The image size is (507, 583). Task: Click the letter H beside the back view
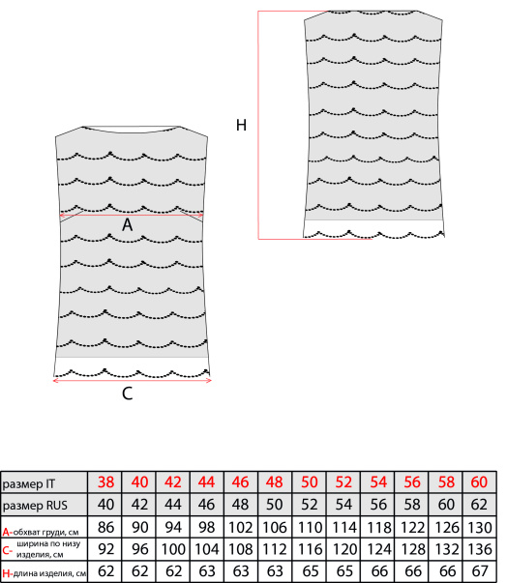241,125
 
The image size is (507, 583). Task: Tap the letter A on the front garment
127,224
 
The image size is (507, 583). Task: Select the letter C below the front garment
127,394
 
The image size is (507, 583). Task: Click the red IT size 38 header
105,482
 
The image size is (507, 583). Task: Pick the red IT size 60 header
479,482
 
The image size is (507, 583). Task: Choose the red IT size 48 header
275,482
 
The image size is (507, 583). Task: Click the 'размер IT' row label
29,483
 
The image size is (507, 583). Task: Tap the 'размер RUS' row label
35,506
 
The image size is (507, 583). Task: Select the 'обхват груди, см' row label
45,532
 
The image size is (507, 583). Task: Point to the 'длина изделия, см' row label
50,573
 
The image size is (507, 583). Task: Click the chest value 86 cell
105,527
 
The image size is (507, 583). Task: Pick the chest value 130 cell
479,527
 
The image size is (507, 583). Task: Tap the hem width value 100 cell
173,549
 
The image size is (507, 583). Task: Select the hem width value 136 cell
479,549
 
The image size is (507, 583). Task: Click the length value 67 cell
479,571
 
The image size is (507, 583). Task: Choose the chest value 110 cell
309,527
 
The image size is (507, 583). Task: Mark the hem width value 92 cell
105,549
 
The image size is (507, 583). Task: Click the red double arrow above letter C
133,380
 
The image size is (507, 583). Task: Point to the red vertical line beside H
258,125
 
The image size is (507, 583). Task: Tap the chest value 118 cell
378,527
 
